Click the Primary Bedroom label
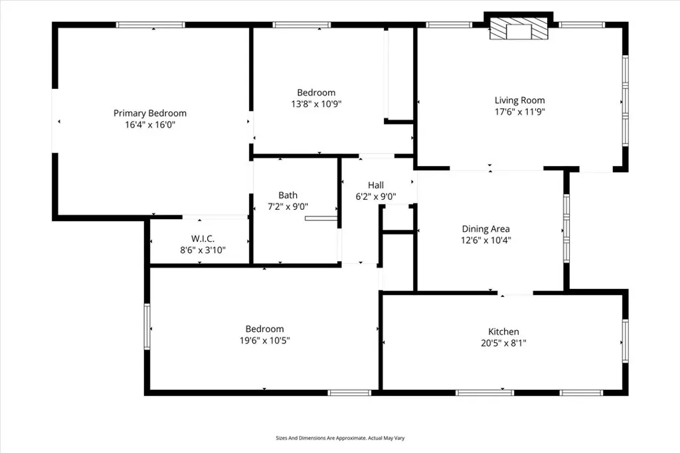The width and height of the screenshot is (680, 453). pyautogui.click(x=150, y=113)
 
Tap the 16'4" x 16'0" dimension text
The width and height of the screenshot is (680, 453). pyautogui.click(x=150, y=124)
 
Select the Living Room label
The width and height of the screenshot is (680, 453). pyautogui.click(x=519, y=100)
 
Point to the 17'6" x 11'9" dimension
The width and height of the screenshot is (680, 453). pyautogui.click(x=519, y=112)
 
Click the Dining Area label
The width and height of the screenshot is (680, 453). pyautogui.click(x=486, y=229)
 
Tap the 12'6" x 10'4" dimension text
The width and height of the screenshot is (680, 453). pyautogui.click(x=486, y=240)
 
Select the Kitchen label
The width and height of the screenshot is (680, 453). pyautogui.click(x=503, y=331)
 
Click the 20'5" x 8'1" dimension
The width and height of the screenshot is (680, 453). pyautogui.click(x=503, y=343)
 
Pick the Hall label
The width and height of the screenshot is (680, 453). pyautogui.click(x=376, y=185)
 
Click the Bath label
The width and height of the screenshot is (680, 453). pyautogui.click(x=288, y=195)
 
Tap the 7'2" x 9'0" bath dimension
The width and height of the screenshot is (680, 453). pyautogui.click(x=288, y=206)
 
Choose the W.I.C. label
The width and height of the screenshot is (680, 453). pyautogui.click(x=203, y=238)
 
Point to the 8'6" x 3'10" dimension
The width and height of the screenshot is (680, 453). pyautogui.click(x=203, y=250)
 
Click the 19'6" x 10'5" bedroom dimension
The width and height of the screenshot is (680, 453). pyautogui.click(x=264, y=340)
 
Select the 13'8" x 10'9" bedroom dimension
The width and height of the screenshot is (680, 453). pyautogui.click(x=316, y=104)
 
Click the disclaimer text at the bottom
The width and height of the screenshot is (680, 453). pyautogui.click(x=340, y=438)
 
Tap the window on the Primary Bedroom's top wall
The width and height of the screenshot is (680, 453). pyautogui.click(x=150, y=25)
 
